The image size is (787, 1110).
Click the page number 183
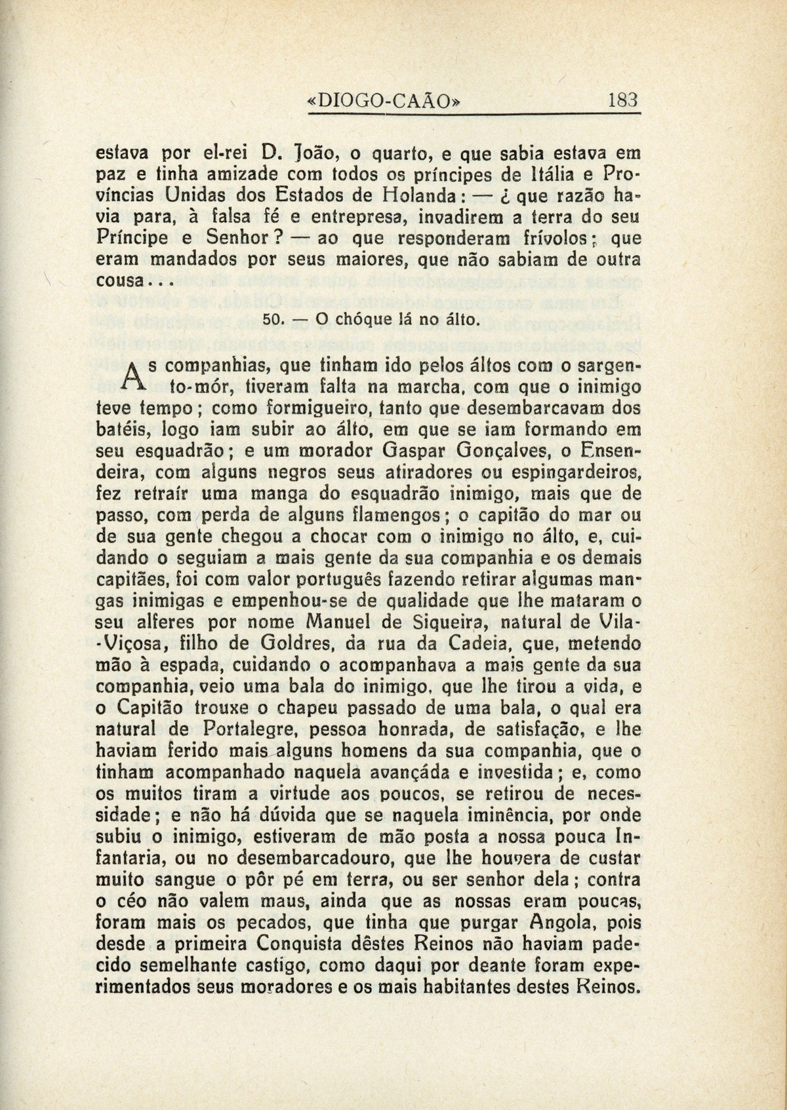pos(623,102)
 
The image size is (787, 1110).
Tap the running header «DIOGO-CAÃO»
pos(384,102)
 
